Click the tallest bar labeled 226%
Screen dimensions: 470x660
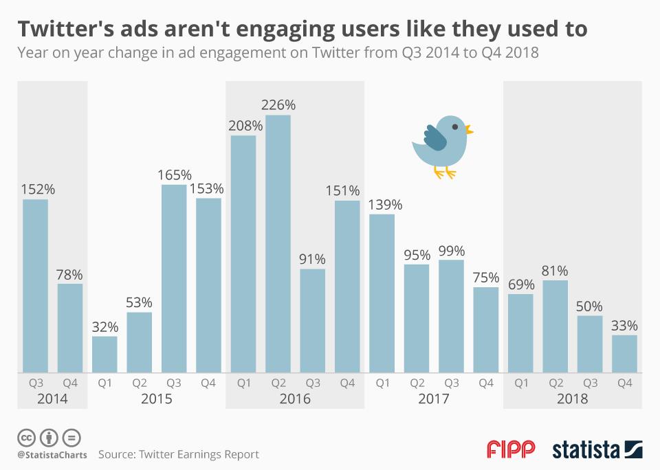[278, 244]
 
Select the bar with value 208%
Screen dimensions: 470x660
[243, 254]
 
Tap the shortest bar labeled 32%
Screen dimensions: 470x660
[104, 355]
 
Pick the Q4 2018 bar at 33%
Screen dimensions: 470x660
[624, 354]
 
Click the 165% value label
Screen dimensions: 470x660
[174, 175]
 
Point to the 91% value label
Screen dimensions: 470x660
[313, 259]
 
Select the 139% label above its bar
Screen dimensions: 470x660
[382, 205]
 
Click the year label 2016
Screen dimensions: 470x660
[296, 399]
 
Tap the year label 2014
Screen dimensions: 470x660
[53, 399]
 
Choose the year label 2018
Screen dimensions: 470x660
[573, 399]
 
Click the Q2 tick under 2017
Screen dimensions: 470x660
[417, 383]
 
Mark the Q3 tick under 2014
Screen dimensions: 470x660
[36, 383]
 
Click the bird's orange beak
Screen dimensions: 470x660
[469, 128]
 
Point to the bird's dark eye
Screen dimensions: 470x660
[454, 126]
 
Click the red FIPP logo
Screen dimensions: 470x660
[511, 450]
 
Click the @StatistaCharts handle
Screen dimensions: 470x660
[52, 455]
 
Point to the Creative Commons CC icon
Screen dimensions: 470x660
[26, 437]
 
